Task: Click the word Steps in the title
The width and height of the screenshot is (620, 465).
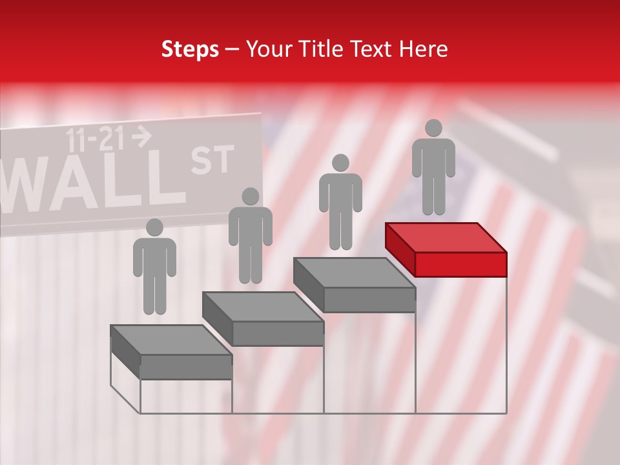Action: pyautogui.click(x=190, y=49)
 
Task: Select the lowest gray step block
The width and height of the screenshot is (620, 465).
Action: pyautogui.click(x=171, y=352)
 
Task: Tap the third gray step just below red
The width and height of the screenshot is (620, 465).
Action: pyautogui.click(x=355, y=284)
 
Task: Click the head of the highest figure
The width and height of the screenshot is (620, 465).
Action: pyautogui.click(x=433, y=128)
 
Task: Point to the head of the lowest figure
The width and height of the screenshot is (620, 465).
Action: pyautogui.click(x=154, y=227)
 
